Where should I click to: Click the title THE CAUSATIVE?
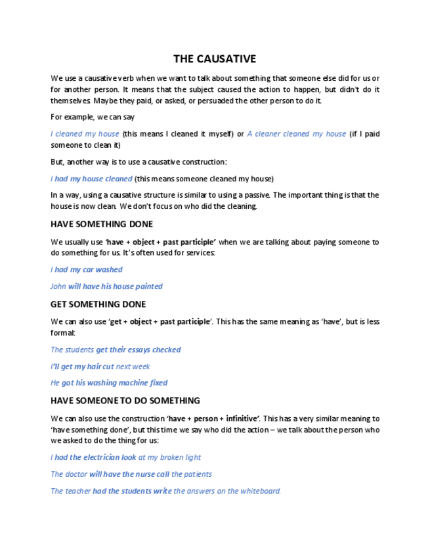tap(215, 59)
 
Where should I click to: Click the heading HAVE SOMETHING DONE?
tap(102, 224)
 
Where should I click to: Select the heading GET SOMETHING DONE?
tap(98, 304)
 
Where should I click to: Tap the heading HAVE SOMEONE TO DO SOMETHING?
tap(125, 401)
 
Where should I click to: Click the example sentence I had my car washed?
tap(87, 269)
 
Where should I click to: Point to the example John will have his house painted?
tap(106, 286)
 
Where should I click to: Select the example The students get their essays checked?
tap(116, 350)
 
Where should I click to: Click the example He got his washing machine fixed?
tap(109, 383)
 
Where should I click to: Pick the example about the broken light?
tap(126, 457)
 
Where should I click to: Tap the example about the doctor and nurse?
tap(131, 474)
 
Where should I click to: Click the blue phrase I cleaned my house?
tap(85, 134)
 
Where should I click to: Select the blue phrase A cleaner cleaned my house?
tap(297, 134)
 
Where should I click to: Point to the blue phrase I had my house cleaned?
tap(92, 179)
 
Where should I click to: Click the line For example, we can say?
tap(93, 117)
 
